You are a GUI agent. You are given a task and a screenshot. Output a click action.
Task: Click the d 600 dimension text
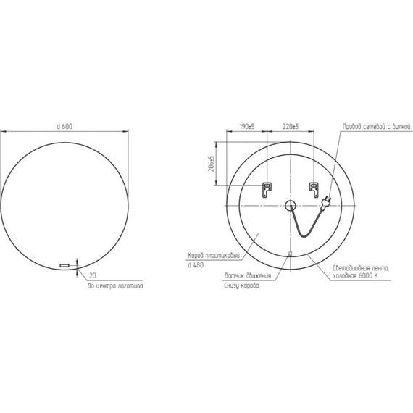point(64,126)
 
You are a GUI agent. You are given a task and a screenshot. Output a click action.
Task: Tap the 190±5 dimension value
point(246,126)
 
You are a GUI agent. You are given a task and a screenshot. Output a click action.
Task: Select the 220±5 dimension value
point(291,126)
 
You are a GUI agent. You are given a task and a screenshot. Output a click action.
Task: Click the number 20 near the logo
point(93,275)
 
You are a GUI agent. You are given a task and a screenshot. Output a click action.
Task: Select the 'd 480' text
point(195,266)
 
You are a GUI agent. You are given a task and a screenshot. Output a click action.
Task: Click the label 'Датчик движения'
point(248,275)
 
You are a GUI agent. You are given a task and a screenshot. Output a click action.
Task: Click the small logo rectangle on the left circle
point(64,266)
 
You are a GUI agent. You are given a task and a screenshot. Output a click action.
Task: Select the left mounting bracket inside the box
point(266,188)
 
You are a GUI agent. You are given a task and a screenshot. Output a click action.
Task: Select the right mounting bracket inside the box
point(314,188)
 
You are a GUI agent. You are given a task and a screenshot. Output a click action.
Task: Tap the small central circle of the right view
point(290,205)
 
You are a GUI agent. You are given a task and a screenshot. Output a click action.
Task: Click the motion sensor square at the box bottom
point(290,253)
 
